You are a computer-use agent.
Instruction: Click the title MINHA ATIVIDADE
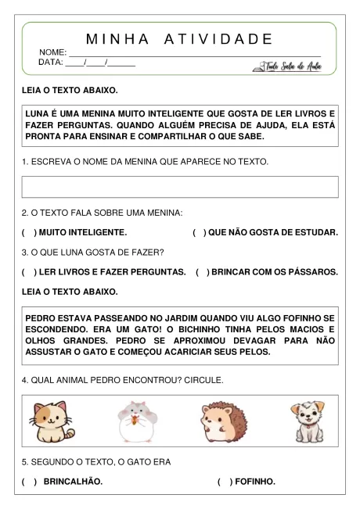pyautogui.click(x=179, y=39)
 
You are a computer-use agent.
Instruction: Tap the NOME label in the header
pyautogui.click(x=52, y=52)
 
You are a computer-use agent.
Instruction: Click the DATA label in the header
pyautogui.click(x=51, y=62)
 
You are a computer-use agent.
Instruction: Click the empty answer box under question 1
pyautogui.click(x=180, y=187)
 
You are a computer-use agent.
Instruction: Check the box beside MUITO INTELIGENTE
pyautogui.click(x=29, y=233)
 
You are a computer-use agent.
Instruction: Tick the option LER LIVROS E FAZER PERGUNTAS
pyautogui.click(x=29, y=272)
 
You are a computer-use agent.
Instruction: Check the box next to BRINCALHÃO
pyautogui.click(x=29, y=482)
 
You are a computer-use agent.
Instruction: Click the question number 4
pyautogui.click(x=24, y=380)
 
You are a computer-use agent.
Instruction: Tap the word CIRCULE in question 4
pyautogui.click(x=204, y=380)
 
